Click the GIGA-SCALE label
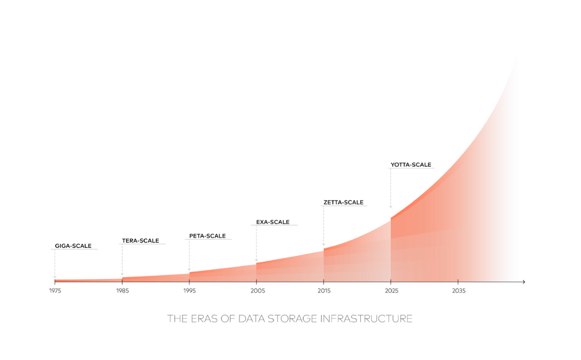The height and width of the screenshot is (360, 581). (73, 246)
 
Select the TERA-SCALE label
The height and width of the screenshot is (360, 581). (140, 241)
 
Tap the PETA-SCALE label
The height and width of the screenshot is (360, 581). (207, 236)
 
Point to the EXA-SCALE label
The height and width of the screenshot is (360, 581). (272, 222)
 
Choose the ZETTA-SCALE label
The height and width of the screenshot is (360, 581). (343, 203)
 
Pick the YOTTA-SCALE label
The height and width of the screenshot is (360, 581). (411, 165)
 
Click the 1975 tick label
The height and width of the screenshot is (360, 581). (55, 290)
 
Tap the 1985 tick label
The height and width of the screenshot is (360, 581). (122, 290)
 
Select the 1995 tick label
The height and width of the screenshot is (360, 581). (189, 290)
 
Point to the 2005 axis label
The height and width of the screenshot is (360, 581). (256, 290)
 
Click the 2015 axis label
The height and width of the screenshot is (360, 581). (324, 290)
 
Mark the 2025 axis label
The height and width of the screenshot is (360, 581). (391, 290)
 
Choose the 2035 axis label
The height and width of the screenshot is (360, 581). (458, 290)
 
